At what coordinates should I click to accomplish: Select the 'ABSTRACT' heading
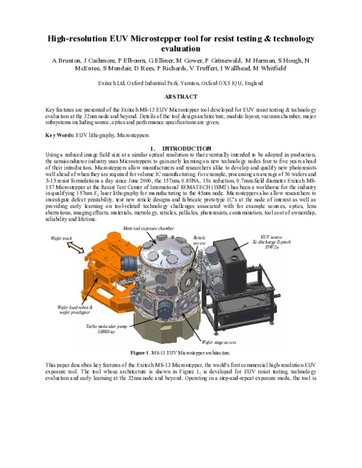click(x=181, y=96)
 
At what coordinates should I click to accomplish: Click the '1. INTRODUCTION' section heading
click(x=180, y=148)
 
